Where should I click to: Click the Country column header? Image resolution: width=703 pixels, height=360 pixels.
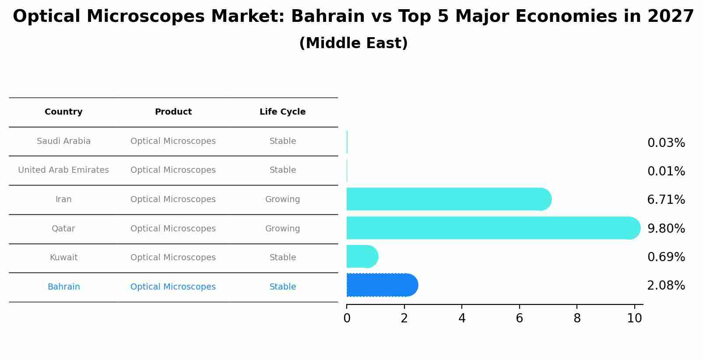63,112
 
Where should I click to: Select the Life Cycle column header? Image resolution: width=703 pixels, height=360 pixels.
282,112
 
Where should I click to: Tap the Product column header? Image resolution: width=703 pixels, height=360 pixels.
173,112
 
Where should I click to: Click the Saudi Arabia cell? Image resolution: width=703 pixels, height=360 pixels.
63,141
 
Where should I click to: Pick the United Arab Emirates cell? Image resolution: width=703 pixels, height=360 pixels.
63,170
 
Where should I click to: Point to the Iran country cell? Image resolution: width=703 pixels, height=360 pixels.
63,199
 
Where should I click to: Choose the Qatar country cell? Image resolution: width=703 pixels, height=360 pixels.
63,229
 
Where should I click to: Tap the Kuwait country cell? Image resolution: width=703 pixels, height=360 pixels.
63,258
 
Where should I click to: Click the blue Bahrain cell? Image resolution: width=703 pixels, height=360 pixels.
63,287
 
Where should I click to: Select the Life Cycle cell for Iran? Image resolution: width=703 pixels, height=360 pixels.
282,199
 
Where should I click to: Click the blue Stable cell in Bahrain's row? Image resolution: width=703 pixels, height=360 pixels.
282,287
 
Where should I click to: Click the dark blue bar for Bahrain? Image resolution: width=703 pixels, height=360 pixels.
381,285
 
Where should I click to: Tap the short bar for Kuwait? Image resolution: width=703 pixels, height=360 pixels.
362,256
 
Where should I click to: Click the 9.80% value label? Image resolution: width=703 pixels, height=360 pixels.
666,229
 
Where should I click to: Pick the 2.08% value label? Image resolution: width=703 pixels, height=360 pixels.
666,286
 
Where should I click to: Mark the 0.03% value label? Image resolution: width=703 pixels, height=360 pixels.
666,143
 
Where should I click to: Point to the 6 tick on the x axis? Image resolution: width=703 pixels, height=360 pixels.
519,318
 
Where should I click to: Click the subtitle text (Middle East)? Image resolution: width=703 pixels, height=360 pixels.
353,43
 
